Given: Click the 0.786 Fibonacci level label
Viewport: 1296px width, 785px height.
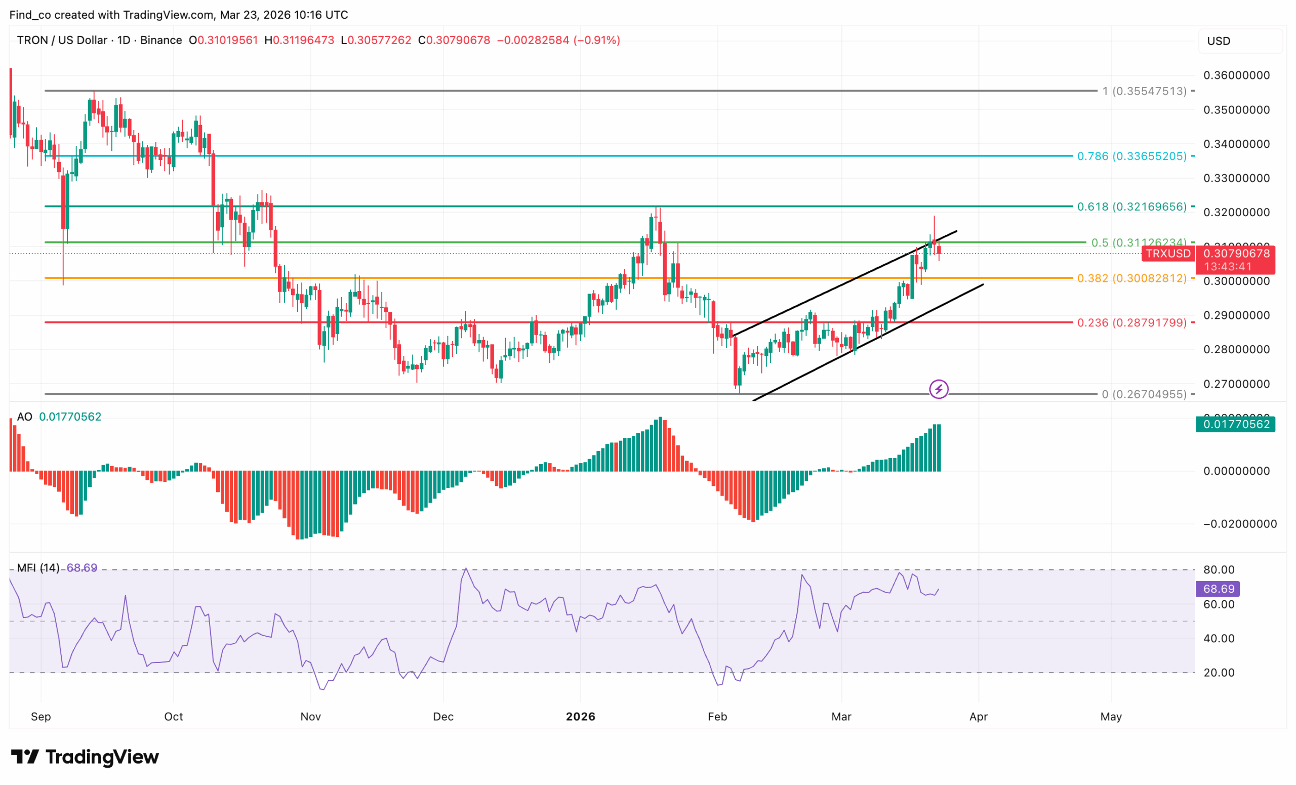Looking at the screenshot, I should pos(1131,156).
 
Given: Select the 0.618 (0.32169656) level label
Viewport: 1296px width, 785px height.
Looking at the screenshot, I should pos(1131,206).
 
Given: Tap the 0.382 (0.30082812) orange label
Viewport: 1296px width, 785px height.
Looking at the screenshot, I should pos(1131,278).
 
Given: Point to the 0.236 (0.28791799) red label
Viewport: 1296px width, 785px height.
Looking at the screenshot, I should pos(1131,322).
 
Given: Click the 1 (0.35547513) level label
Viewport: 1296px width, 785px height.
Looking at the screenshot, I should pos(1144,91).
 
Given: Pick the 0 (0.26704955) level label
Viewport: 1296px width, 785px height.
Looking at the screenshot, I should pos(1144,394).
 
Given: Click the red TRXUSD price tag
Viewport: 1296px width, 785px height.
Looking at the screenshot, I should pos(1167,254).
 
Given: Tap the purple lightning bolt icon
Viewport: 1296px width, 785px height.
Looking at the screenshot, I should pos(939,389).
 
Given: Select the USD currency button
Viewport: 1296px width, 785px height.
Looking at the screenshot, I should pos(1218,41).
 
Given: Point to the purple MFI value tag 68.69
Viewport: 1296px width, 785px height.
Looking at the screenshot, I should pos(1218,589).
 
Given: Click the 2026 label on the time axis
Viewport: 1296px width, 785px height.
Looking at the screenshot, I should pos(580,717).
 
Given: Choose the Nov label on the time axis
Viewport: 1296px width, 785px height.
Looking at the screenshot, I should pos(310,717).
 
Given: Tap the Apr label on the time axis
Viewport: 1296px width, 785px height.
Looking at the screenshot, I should pos(978,717).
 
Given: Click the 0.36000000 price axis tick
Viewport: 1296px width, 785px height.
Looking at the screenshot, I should pos(1236,75).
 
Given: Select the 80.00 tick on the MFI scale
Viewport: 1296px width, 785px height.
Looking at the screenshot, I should pos(1219,570).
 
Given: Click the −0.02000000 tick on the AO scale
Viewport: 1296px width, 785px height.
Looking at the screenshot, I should pos(1240,524).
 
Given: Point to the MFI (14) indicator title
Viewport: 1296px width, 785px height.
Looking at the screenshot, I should pos(38,568).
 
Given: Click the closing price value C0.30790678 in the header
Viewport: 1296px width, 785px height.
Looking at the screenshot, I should pos(454,40).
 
